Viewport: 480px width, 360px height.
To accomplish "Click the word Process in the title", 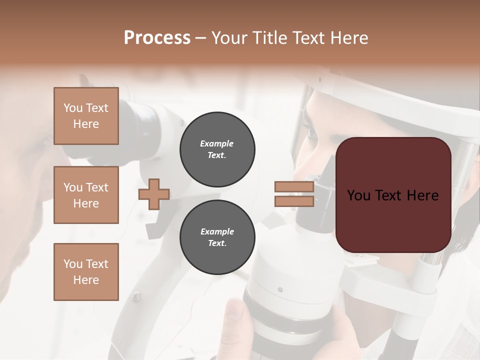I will (x=157, y=38).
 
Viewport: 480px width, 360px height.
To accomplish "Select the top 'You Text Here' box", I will (x=86, y=116).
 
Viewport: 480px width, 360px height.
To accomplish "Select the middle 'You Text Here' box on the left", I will (x=86, y=195).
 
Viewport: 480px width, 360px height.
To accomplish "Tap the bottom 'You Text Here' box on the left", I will (x=86, y=272).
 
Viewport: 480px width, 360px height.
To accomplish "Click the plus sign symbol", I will (x=154, y=194).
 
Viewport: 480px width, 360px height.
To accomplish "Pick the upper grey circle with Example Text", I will (x=217, y=149).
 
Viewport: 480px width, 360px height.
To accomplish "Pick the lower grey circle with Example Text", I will (x=217, y=237).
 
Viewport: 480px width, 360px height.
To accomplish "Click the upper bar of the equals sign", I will (x=294, y=186).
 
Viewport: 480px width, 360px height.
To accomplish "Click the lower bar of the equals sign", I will (x=294, y=201).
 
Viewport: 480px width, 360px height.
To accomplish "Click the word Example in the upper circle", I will (x=217, y=144).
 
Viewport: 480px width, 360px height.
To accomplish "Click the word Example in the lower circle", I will (x=217, y=232).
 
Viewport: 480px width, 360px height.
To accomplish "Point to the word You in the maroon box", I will (x=358, y=195).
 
